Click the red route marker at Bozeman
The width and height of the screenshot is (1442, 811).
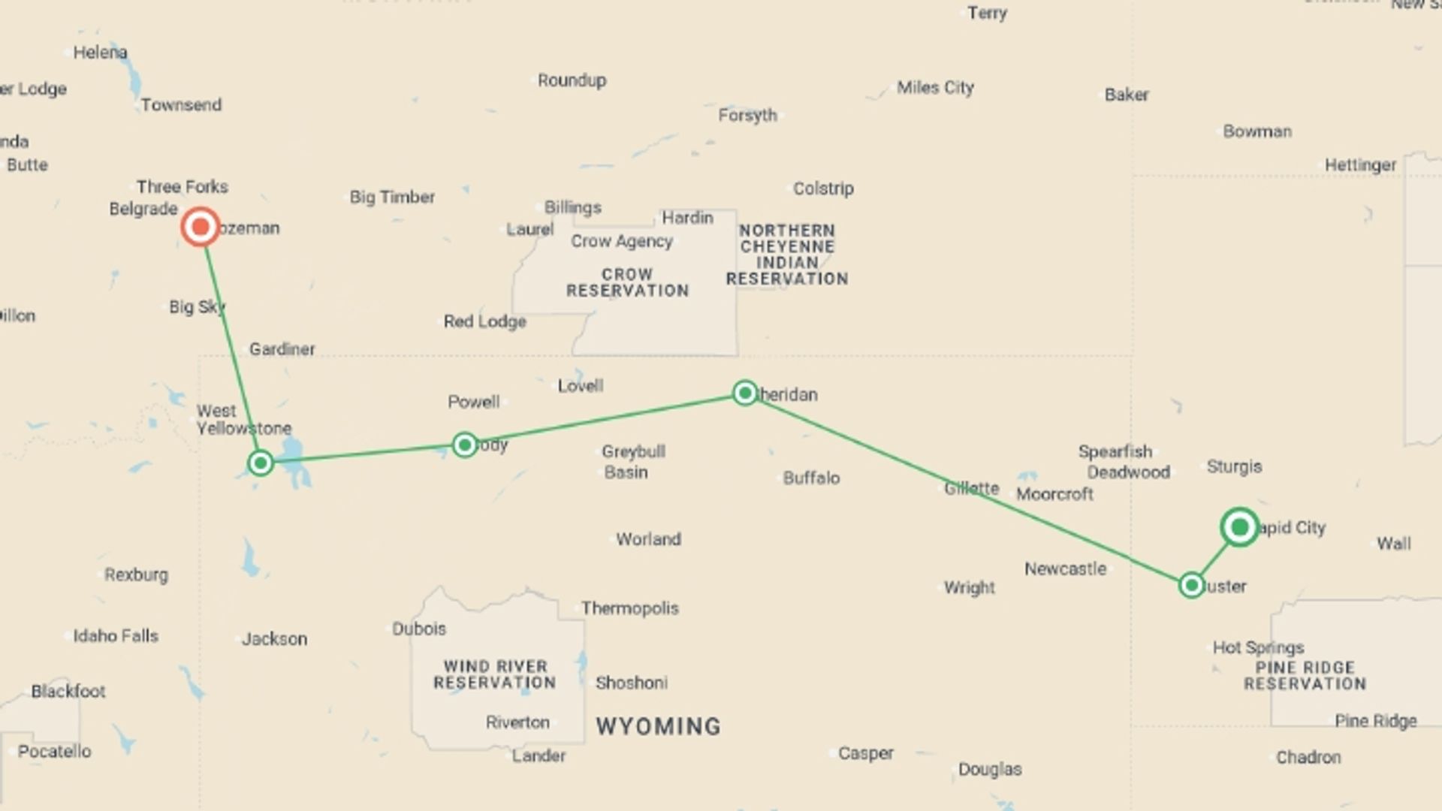coord(201,227)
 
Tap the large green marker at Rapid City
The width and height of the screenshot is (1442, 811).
coord(1239,527)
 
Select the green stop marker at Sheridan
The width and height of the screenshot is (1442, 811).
coord(744,393)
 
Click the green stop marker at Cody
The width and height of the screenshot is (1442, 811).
coord(465,445)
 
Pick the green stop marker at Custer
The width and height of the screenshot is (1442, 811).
coord(1191,585)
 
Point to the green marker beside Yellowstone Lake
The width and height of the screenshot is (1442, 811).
coord(261,463)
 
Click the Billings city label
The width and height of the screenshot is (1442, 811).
coord(573,207)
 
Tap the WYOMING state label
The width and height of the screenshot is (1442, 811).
coord(658,726)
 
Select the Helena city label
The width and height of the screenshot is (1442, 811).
coord(100,53)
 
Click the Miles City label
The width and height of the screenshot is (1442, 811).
coord(935,88)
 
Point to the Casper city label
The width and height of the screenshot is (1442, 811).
coord(866,753)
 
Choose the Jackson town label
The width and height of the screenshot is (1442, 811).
coord(274,639)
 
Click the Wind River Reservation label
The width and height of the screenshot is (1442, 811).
coord(495,674)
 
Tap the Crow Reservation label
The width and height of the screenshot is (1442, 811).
coord(627,282)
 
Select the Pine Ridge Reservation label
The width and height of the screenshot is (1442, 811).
coord(1305,675)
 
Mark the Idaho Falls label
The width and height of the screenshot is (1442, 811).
coord(116,636)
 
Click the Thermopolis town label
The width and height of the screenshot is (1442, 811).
coord(629,608)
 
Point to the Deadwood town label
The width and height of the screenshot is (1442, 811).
coord(1128,472)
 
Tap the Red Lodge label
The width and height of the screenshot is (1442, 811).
coord(484,321)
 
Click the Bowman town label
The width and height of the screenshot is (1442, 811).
coord(1257,131)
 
